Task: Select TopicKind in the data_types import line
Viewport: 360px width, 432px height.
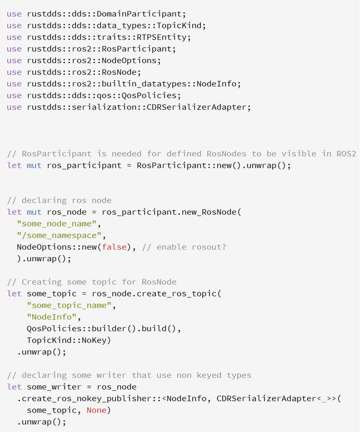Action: tap(179, 26)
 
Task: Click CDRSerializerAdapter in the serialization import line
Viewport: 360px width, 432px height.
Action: tap(196, 107)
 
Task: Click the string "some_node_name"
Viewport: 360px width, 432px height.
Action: tap(56, 224)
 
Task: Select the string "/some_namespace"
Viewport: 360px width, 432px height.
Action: tap(59, 235)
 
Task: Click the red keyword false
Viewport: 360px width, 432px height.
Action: tap(114, 247)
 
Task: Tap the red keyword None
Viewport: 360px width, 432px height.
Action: tap(97, 410)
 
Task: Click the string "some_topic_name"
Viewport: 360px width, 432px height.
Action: tap(69, 305)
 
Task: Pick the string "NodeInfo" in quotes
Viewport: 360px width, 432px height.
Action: tap(52, 317)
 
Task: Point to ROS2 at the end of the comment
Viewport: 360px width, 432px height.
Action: tap(346, 154)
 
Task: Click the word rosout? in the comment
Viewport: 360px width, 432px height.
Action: tap(209, 247)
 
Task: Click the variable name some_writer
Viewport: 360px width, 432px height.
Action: tap(54, 387)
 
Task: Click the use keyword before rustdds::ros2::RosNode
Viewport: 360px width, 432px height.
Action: tap(14, 72)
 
